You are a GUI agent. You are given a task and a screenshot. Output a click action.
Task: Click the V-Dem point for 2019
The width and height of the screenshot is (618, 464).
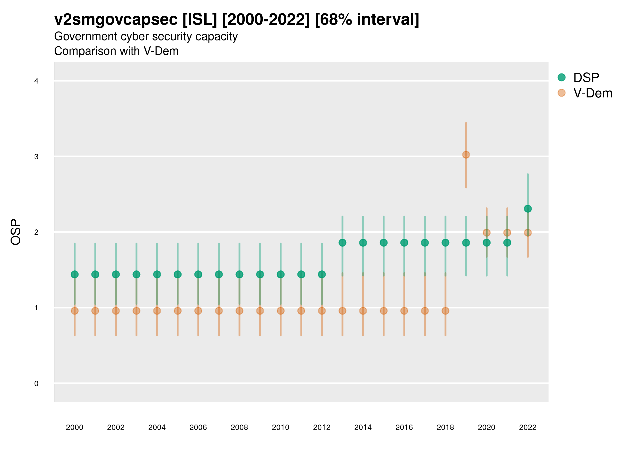[466, 155]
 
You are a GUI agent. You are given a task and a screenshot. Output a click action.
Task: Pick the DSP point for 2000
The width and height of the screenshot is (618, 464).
[75, 274]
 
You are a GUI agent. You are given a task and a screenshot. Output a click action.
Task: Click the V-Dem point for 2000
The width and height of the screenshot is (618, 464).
[75, 311]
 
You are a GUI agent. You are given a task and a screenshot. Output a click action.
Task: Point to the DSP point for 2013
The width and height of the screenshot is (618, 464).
[342, 243]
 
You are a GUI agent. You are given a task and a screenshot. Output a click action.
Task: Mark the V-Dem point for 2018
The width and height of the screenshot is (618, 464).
[445, 311]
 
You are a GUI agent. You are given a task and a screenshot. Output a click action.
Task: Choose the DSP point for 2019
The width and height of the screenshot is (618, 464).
[466, 243]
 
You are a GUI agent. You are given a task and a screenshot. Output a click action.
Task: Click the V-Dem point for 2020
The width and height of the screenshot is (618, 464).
[487, 233]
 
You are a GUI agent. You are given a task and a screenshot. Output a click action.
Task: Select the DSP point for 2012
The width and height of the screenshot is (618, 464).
[322, 274]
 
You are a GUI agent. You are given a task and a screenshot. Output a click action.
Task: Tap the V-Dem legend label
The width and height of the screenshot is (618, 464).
[593, 93]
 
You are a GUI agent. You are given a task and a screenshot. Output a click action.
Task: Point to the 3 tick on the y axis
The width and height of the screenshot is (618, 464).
[36, 157]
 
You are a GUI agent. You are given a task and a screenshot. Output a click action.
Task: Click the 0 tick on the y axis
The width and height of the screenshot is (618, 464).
[36, 384]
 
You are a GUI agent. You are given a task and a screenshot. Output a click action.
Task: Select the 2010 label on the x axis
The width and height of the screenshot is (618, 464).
[280, 427]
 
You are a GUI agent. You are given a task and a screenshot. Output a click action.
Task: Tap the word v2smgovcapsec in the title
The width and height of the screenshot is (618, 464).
[116, 20]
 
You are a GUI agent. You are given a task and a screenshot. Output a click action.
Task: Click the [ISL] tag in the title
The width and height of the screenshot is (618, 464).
[200, 20]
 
